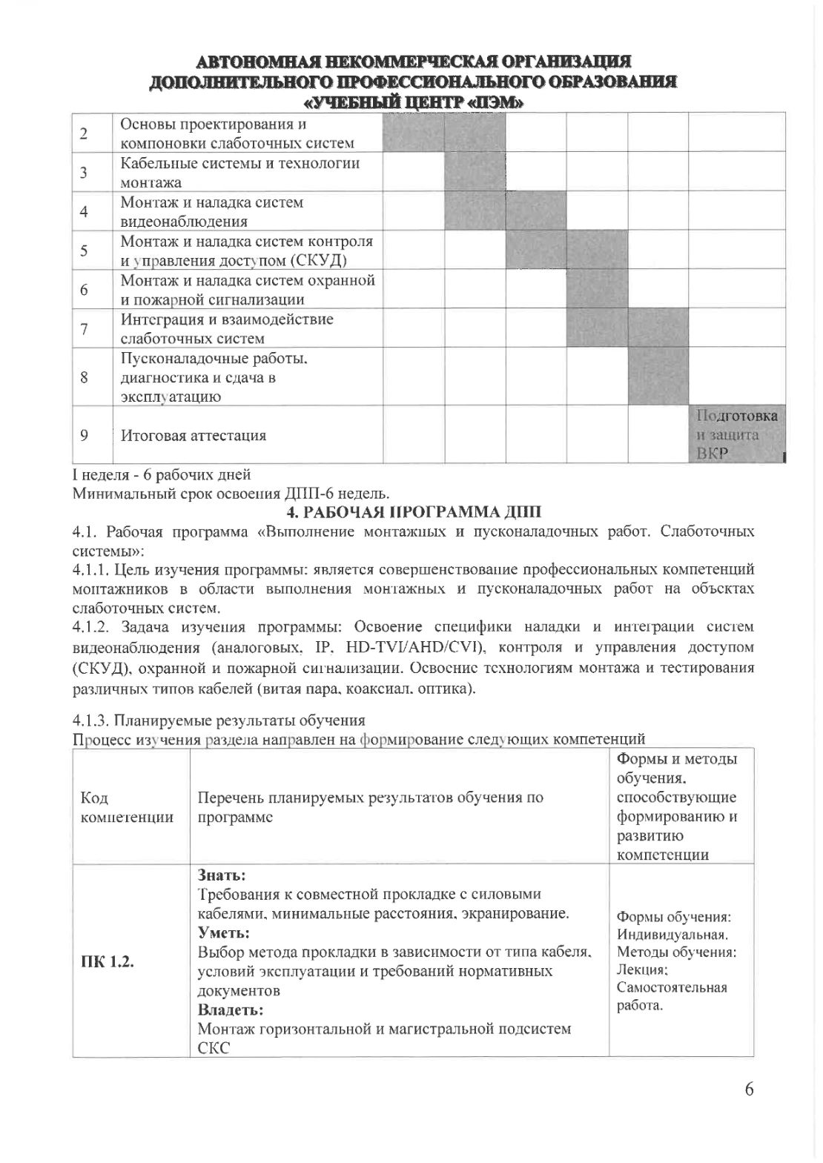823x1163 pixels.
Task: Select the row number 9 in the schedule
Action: [84, 435]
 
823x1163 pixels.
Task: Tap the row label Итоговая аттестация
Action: [194, 435]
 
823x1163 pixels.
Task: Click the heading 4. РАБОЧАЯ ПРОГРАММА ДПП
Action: [414, 511]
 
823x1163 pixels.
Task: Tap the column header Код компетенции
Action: [126, 807]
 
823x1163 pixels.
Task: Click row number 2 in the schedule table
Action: [84, 133]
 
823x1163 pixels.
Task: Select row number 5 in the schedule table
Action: [84, 251]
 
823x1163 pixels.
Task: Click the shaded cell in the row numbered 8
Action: [658, 377]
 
